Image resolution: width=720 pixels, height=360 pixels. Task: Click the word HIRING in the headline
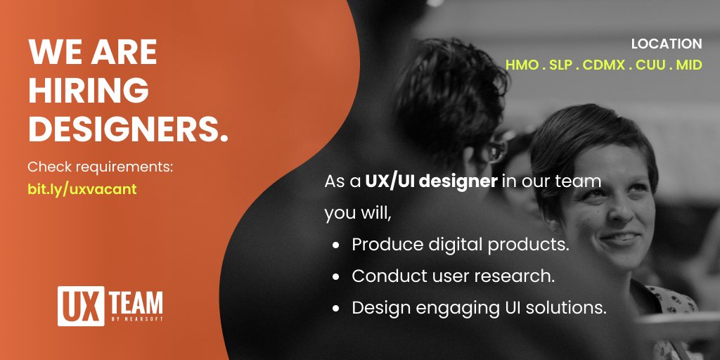(89, 91)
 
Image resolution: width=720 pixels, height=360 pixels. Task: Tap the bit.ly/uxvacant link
(82, 191)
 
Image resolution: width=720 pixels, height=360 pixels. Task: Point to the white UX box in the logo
(74, 304)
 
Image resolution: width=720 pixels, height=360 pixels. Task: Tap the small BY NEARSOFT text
(137, 319)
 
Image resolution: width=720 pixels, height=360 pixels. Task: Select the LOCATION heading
(667, 44)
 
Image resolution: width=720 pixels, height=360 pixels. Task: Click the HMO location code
(520, 65)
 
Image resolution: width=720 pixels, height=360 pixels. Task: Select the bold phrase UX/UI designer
(431, 181)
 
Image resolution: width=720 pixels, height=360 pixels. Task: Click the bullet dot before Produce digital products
(337, 245)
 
